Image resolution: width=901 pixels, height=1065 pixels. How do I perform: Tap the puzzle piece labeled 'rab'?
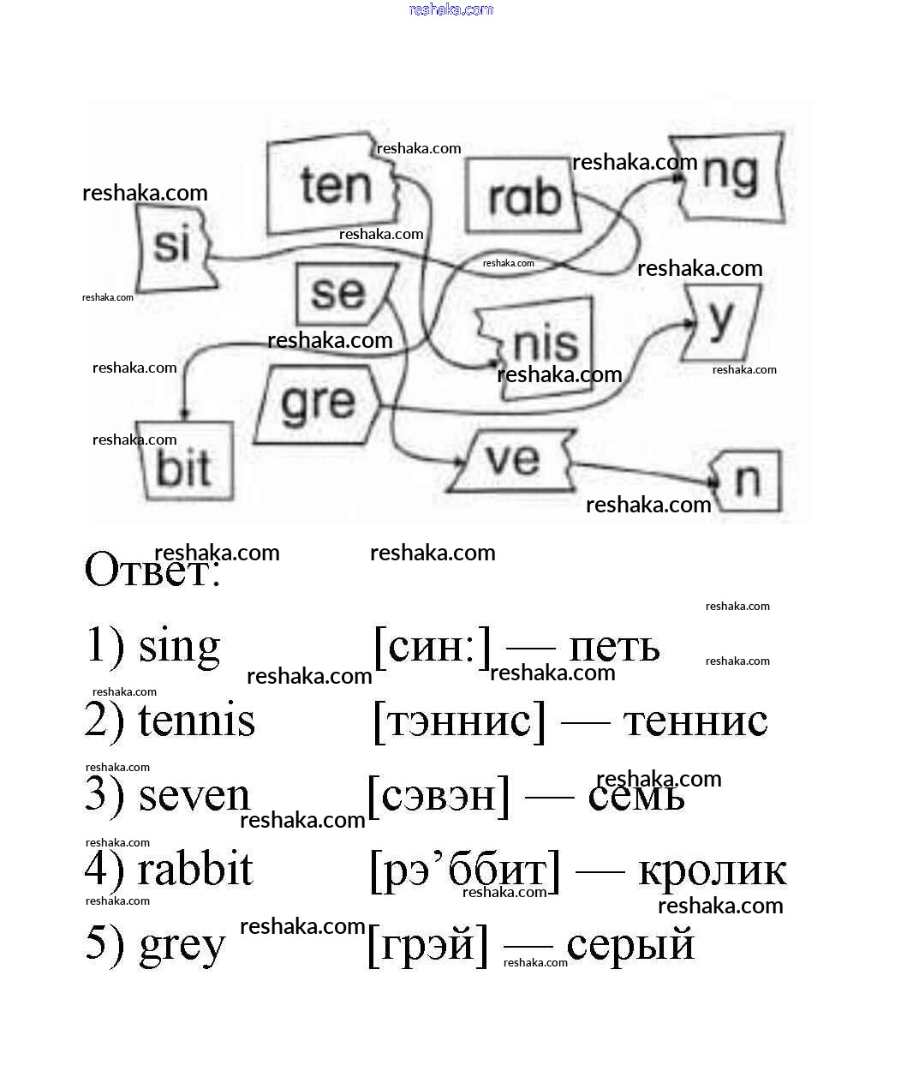pos(522,197)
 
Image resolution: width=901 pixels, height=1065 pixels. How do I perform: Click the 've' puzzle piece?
pos(512,459)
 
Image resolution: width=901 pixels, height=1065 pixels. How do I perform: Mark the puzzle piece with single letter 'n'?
pos(749,481)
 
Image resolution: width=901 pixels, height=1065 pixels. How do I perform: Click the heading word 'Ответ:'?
pos(152,571)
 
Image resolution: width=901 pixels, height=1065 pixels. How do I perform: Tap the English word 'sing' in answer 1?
pos(179,647)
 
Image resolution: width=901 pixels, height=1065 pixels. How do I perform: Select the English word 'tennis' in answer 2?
pos(196,720)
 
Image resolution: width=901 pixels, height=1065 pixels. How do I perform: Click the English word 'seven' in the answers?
pos(194,795)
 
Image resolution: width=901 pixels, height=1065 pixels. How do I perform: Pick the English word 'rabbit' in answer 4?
pos(195,869)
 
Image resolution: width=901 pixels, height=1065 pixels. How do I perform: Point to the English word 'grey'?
pos(182,946)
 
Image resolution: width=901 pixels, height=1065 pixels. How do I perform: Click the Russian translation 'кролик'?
pos(712,871)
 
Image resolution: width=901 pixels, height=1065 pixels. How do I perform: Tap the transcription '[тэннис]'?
pos(459,720)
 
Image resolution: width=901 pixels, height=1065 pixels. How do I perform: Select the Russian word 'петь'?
pos(614,647)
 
